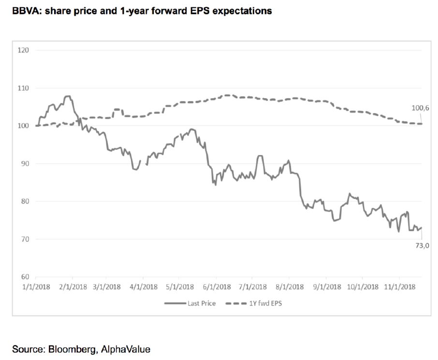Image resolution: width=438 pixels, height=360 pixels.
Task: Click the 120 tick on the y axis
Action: pyautogui.click(x=24, y=50)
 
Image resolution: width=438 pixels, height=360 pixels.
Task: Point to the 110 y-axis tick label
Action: pyautogui.click(x=24, y=88)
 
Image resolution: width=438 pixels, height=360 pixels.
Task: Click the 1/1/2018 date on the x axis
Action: pyautogui.click(x=36, y=287)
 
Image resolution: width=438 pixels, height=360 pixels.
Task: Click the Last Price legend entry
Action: pyautogui.click(x=190, y=303)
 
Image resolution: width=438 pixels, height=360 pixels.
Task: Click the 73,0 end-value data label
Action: pyautogui.click(x=422, y=245)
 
